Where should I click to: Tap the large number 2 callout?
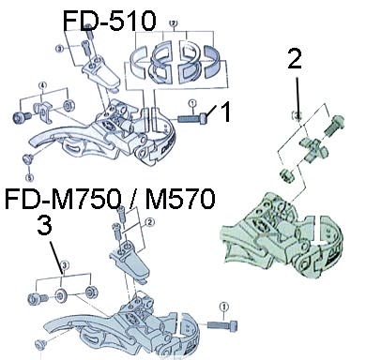(294, 61)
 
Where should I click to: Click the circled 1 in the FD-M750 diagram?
(222, 307)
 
